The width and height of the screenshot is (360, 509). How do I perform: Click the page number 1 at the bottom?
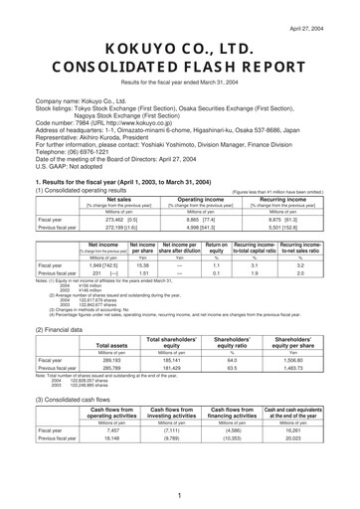(180, 494)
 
